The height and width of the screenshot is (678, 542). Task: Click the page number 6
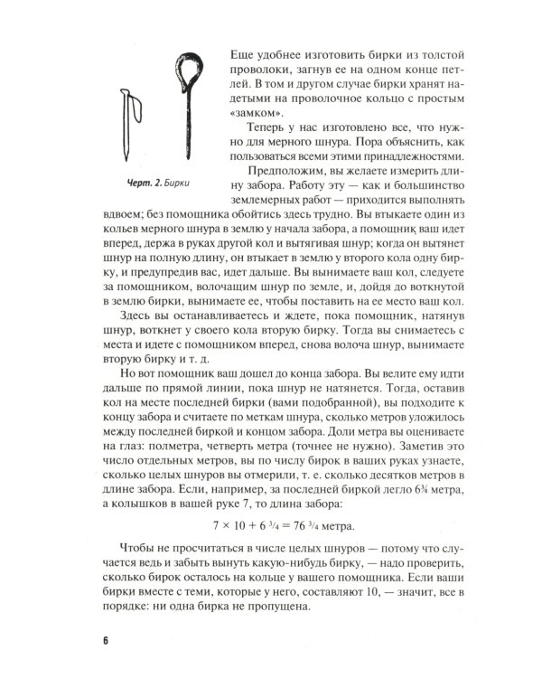click(x=107, y=641)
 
